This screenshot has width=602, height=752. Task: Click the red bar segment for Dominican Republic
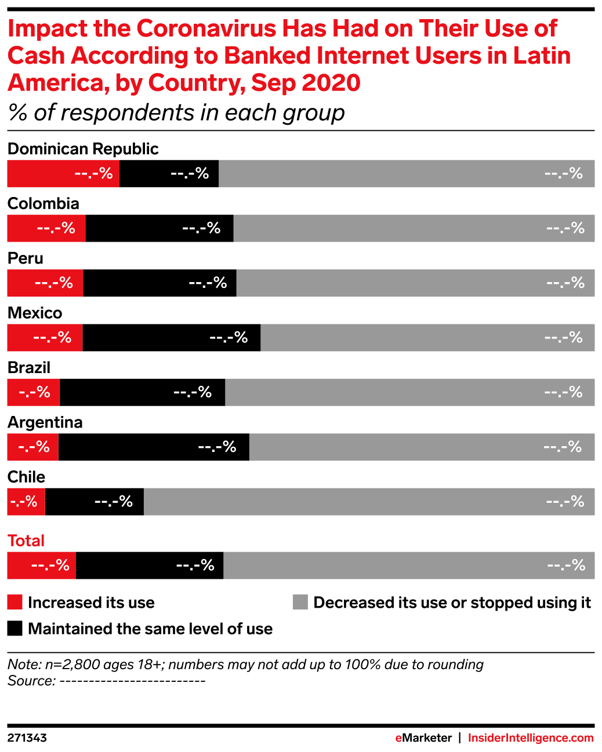[63, 173]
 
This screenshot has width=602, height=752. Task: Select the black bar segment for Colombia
[159, 228]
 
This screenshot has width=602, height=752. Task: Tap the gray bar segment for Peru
[416, 283]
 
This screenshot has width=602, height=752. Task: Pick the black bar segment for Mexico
[172, 338]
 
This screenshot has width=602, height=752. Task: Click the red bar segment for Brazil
[34, 392]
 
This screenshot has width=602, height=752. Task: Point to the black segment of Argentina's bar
[154, 447]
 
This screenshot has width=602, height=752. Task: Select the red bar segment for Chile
[26, 502]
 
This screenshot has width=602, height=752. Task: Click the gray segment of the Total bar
[409, 565]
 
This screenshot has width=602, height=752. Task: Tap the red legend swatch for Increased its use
[14, 603]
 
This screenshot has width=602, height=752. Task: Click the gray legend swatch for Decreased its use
[300, 603]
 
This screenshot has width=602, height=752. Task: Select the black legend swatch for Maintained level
[14, 629]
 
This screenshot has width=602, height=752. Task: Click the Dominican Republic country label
[83, 149]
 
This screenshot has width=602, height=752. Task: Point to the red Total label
[26, 541]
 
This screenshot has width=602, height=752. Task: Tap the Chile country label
[26, 477]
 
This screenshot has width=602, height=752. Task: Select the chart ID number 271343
[27, 738]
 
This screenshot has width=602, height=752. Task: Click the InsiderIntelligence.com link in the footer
[531, 738]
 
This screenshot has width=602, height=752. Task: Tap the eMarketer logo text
[423, 738]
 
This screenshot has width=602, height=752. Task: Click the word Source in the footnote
[31, 681]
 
